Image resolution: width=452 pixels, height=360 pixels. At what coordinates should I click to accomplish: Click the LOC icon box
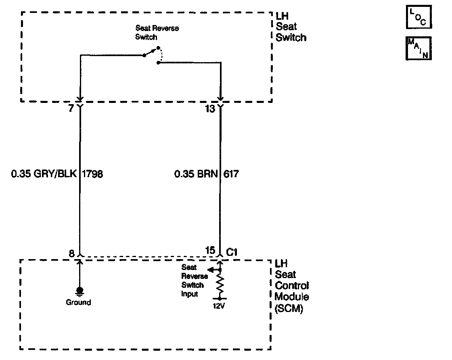point(419,17)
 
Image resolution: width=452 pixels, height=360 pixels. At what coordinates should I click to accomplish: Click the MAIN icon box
point(419,48)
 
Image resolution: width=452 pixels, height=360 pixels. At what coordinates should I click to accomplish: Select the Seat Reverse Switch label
point(157,33)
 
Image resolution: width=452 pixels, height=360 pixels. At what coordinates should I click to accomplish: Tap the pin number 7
point(71,109)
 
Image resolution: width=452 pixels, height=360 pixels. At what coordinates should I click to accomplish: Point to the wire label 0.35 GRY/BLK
point(44,174)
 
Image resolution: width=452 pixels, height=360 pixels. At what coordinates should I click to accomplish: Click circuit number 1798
point(92,174)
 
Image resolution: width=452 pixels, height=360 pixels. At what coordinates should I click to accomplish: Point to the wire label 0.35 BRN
point(196,174)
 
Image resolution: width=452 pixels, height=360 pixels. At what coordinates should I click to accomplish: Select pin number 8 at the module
point(71,253)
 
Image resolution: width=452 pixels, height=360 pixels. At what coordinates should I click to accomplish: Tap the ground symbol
point(80,291)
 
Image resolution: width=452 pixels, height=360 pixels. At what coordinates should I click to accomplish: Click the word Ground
point(79,302)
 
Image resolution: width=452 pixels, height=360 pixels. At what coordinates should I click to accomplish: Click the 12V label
point(219,306)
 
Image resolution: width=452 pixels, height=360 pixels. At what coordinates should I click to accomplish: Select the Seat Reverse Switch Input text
point(194,280)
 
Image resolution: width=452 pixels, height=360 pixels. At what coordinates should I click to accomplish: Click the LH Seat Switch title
point(291,27)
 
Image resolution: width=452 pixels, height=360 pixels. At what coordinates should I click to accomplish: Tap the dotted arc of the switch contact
point(160,55)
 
